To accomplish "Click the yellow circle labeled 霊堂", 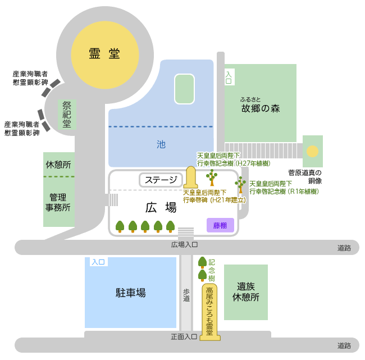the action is (x=105, y=55).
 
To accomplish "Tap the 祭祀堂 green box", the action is (x=67, y=115).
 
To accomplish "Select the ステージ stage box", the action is (x=161, y=180).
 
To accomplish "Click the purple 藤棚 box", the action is (x=220, y=225).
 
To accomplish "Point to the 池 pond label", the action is (x=161, y=144).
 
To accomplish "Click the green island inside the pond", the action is (x=184, y=89).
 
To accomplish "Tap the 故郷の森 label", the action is (x=261, y=108).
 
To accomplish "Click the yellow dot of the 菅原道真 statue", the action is (x=312, y=151).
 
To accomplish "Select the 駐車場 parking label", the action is (x=131, y=293).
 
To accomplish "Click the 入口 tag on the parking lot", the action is (x=98, y=262).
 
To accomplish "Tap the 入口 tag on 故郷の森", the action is (x=229, y=77).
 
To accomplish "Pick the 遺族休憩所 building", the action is (x=246, y=292).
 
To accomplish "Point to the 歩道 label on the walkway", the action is (x=186, y=295).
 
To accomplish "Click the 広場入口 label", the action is (x=184, y=245).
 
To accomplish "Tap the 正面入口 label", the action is (x=184, y=337).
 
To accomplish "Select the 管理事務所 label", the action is (x=58, y=202).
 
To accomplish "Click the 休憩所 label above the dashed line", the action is (x=58, y=165).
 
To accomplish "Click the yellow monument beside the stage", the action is (x=191, y=177).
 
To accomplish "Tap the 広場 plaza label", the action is (x=161, y=207).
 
